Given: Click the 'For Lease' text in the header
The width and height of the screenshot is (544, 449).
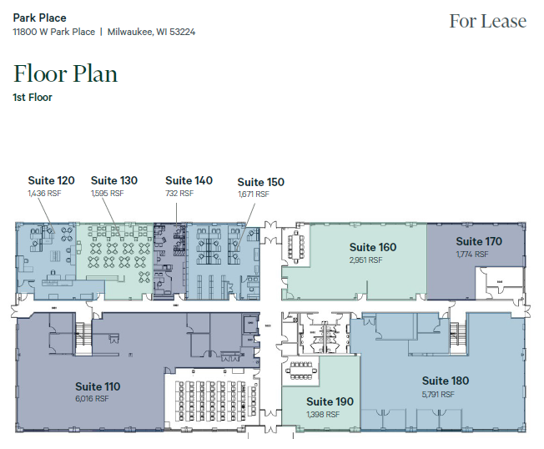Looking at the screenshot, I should pyautogui.click(x=487, y=21).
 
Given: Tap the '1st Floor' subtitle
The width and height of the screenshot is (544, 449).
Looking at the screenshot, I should pyautogui.click(x=33, y=98).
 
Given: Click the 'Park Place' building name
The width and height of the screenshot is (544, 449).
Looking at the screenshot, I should pyautogui.click(x=39, y=18).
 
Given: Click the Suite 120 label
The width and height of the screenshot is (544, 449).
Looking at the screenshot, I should pyautogui.click(x=51, y=180).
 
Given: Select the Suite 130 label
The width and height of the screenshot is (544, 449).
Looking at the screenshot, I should pyautogui.click(x=113, y=180).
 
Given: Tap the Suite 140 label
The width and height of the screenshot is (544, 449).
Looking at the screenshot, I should pyautogui.click(x=189, y=180).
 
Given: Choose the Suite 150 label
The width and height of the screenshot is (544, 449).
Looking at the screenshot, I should pyautogui.click(x=260, y=182).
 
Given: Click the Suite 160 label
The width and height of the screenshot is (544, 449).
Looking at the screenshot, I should pyautogui.click(x=372, y=247).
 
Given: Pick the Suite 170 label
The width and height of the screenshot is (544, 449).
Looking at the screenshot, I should pyautogui.click(x=479, y=242).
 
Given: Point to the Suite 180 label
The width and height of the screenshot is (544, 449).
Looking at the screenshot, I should pyautogui.click(x=445, y=381).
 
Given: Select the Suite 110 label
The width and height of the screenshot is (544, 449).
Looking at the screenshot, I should pyautogui.click(x=98, y=386).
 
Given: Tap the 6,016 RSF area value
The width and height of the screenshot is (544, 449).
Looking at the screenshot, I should pyautogui.click(x=93, y=399).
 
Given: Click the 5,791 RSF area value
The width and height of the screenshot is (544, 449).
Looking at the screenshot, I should pyautogui.click(x=437, y=394).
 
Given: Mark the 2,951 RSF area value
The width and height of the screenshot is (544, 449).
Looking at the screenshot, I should pyautogui.click(x=365, y=260).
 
